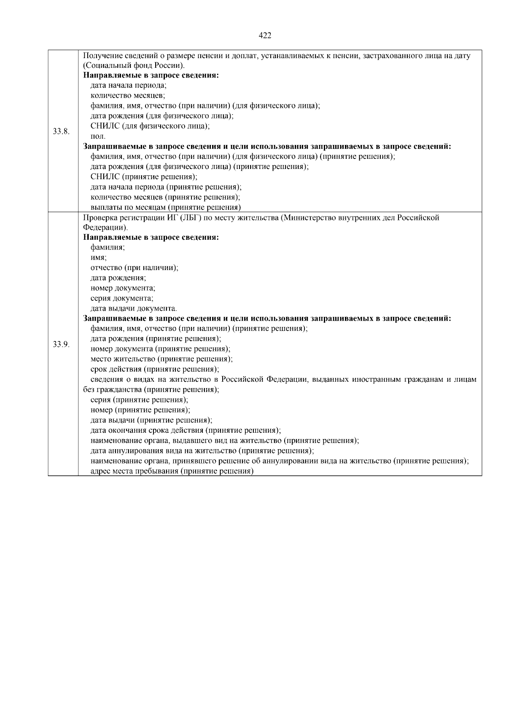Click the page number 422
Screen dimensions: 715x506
pos(264,35)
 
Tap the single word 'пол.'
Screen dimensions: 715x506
pos(98,137)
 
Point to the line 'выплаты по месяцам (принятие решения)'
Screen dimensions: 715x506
pos(165,207)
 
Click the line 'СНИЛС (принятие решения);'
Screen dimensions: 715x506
pos(144,177)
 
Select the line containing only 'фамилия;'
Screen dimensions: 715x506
pos(108,248)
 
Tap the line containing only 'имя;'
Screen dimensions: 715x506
pos(99,258)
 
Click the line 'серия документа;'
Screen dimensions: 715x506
pos(122,298)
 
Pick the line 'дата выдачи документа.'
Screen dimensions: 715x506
pos(134,308)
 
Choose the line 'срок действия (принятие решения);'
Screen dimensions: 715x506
pos(155,370)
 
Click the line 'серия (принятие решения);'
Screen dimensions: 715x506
pos(139,400)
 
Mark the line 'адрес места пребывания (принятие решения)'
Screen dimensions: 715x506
pos(172,471)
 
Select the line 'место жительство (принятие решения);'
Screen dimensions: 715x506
pos(161,359)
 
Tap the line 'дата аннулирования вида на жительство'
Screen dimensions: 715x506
pos(202,451)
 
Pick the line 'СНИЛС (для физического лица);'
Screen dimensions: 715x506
pos(150,126)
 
